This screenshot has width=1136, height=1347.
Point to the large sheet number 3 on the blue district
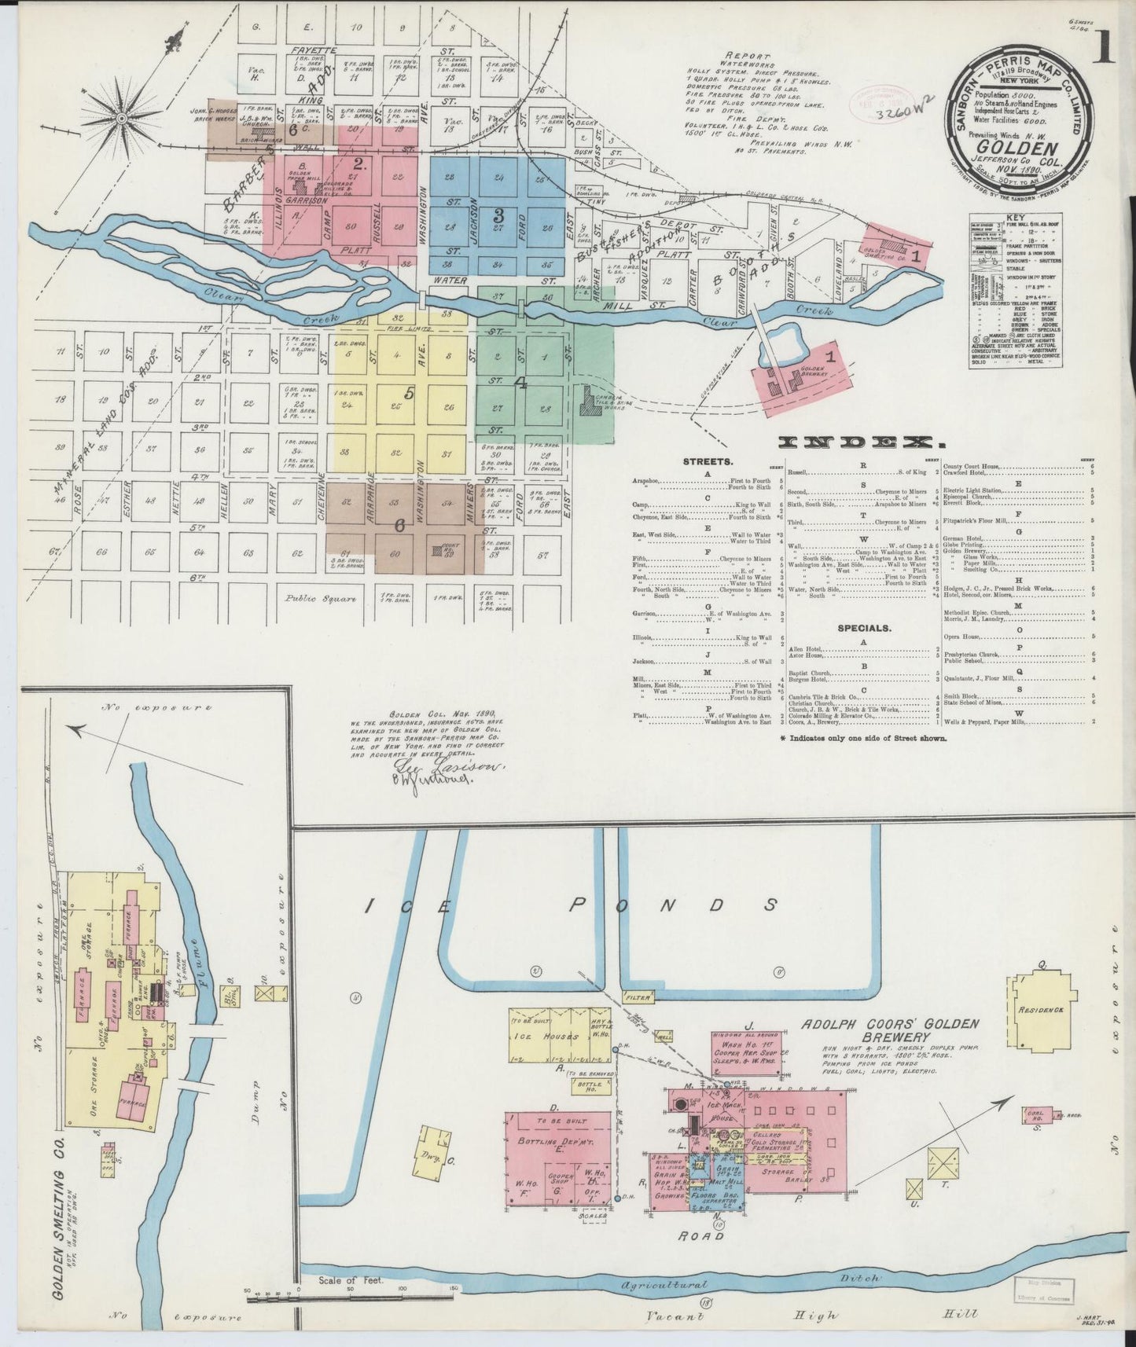(x=498, y=214)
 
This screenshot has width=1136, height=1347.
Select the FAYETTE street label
(x=314, y=50)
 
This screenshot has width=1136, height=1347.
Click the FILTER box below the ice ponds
(x=639, y=997)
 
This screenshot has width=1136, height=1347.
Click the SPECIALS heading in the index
(x=864, y=628)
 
